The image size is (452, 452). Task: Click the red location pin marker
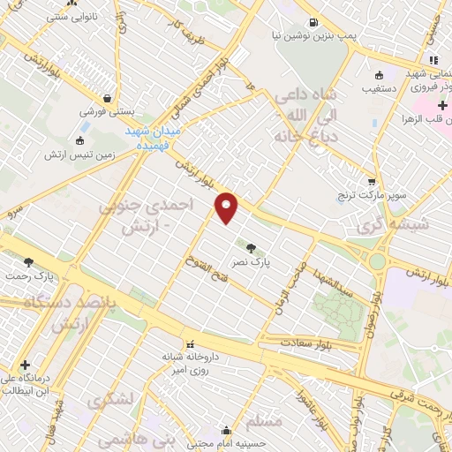point(227,207)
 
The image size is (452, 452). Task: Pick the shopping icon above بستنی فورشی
point(108,98)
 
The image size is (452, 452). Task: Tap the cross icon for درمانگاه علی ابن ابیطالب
point(25,365)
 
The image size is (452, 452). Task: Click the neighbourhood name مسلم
point(266,422)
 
